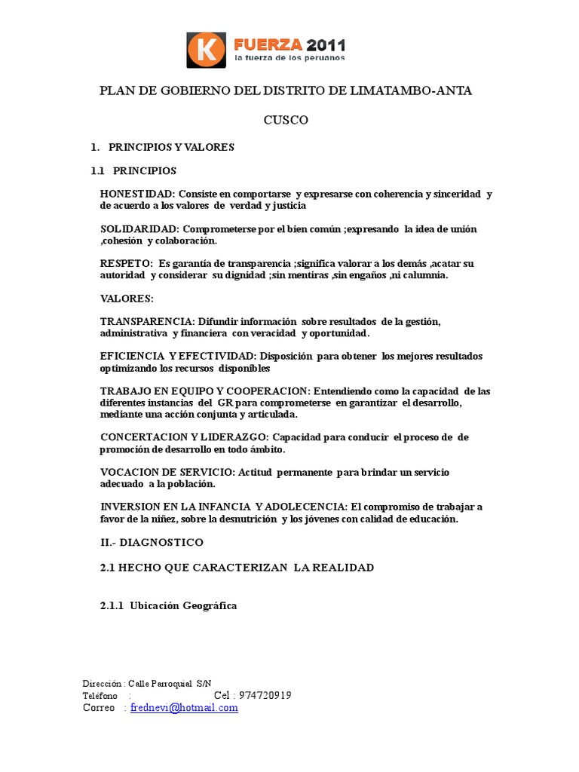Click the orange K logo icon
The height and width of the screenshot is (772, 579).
(205, 49)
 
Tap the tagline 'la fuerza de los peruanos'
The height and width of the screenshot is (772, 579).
(289, 58)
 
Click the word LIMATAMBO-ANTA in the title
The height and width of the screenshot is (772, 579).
(411, 90)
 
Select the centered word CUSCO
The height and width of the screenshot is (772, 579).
(286, 120)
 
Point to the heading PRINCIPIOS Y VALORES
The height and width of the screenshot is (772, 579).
(171, 147)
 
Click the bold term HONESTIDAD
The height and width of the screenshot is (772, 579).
(137, 194)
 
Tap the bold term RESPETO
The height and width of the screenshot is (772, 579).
(124, 263)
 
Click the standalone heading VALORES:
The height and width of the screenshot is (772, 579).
(127, 299)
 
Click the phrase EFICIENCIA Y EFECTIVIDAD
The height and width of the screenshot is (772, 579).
(178, 356)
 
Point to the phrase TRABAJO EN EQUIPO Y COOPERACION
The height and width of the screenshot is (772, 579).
(204, 391)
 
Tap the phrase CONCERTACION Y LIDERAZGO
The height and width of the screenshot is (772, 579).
(184, 437)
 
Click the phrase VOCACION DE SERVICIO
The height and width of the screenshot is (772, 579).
(167, 472)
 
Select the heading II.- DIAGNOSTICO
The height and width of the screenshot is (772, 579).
(152, 542)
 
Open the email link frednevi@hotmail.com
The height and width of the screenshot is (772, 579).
(184, 708)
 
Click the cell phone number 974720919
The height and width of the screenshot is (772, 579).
(265, 696)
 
